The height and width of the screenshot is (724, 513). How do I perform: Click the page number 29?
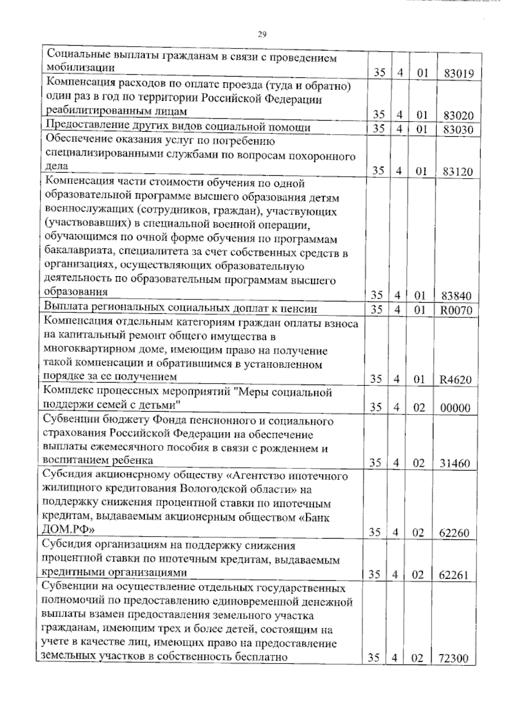tap(262, 35)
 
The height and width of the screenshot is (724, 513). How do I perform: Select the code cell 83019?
tap(458, 73)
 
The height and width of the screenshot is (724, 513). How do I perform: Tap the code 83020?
tap(458, 115)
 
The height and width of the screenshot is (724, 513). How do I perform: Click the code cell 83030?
tap(458, 129)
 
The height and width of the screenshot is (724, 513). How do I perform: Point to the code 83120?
tap(458, 171)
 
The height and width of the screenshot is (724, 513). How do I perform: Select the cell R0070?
tap(456, 310)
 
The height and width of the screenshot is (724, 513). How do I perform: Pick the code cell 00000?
tap(455, 408)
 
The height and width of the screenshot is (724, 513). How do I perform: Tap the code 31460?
tap(455, 463)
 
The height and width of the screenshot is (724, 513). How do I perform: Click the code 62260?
tap(454, 533)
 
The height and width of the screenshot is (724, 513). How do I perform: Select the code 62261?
tap(454, 575)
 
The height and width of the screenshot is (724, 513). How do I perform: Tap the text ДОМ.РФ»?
tap(69, 530)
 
